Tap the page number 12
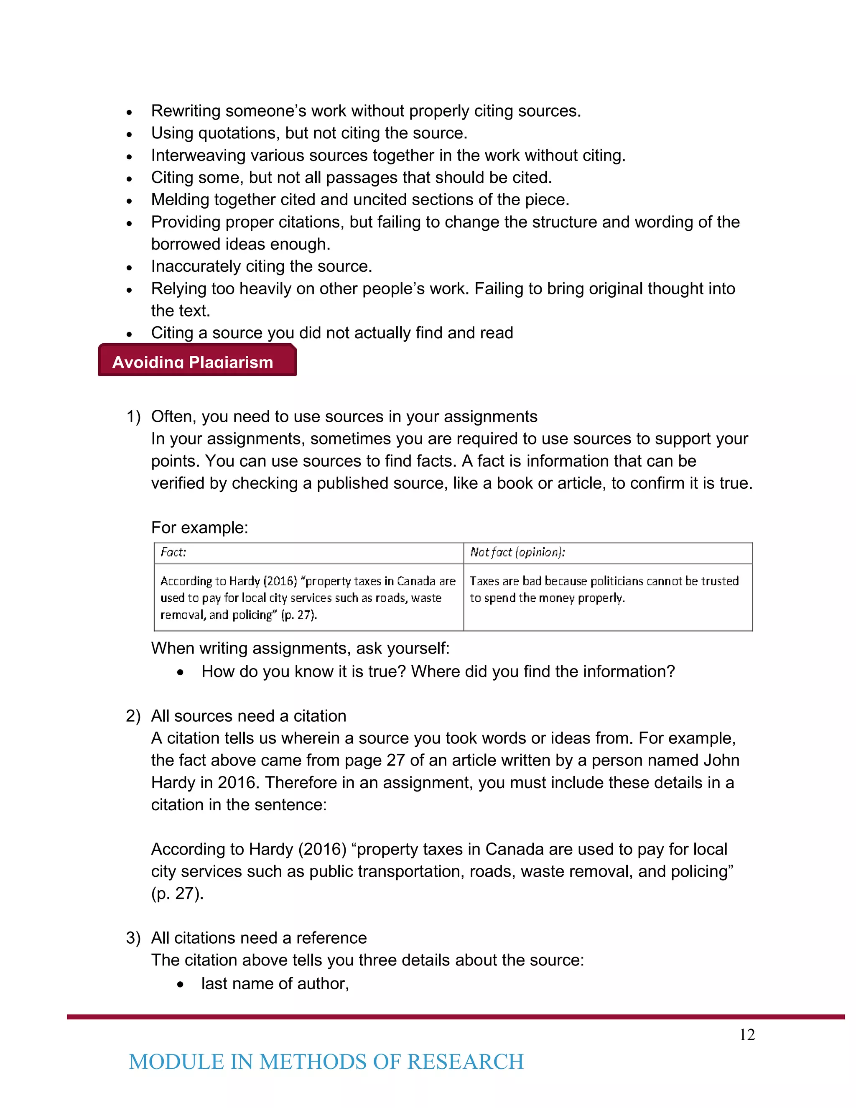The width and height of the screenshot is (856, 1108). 746,1034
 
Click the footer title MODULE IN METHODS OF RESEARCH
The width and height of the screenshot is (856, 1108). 326,1062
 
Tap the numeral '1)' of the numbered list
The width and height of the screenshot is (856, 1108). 133,416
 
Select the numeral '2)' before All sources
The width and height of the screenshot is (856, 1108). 133,716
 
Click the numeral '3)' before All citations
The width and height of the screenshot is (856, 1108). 133,938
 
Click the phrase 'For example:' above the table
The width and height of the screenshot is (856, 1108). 199,528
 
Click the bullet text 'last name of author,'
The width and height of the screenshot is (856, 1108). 275,984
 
